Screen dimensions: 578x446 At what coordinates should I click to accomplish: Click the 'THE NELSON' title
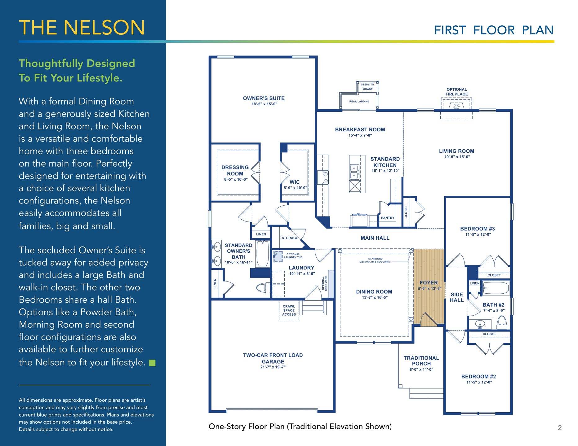[82, 28]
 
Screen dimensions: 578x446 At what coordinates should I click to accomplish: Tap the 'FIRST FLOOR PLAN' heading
[494, 30]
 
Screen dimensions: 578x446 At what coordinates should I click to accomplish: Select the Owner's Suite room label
[264, 98]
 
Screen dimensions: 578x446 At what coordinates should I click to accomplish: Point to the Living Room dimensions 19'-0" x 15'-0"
[457, 157]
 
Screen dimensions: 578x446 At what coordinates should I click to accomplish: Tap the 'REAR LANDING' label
[359, 101]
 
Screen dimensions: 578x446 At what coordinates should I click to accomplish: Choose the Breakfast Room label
[360, 129]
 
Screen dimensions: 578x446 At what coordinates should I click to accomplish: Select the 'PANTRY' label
[388, 218]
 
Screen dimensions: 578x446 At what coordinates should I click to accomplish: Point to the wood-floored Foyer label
[429, 282]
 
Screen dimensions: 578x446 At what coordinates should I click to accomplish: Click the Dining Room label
[374, 292]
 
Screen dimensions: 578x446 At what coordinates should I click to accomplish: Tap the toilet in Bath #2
[502, 322]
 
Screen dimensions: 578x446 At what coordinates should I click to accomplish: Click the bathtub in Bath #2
[496, 288]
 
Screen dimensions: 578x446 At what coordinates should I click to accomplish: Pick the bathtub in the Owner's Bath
[263, 253]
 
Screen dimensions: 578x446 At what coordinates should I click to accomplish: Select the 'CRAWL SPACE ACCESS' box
[289, 310]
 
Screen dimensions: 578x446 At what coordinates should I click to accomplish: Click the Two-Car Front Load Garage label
[273, 358]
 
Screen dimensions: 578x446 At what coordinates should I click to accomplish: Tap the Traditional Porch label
[421, 361]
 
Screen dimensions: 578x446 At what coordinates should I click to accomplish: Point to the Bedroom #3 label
[478, 229]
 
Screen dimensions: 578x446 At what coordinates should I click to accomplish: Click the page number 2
[560, 428]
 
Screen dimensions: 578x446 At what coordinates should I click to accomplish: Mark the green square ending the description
[152, 363]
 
